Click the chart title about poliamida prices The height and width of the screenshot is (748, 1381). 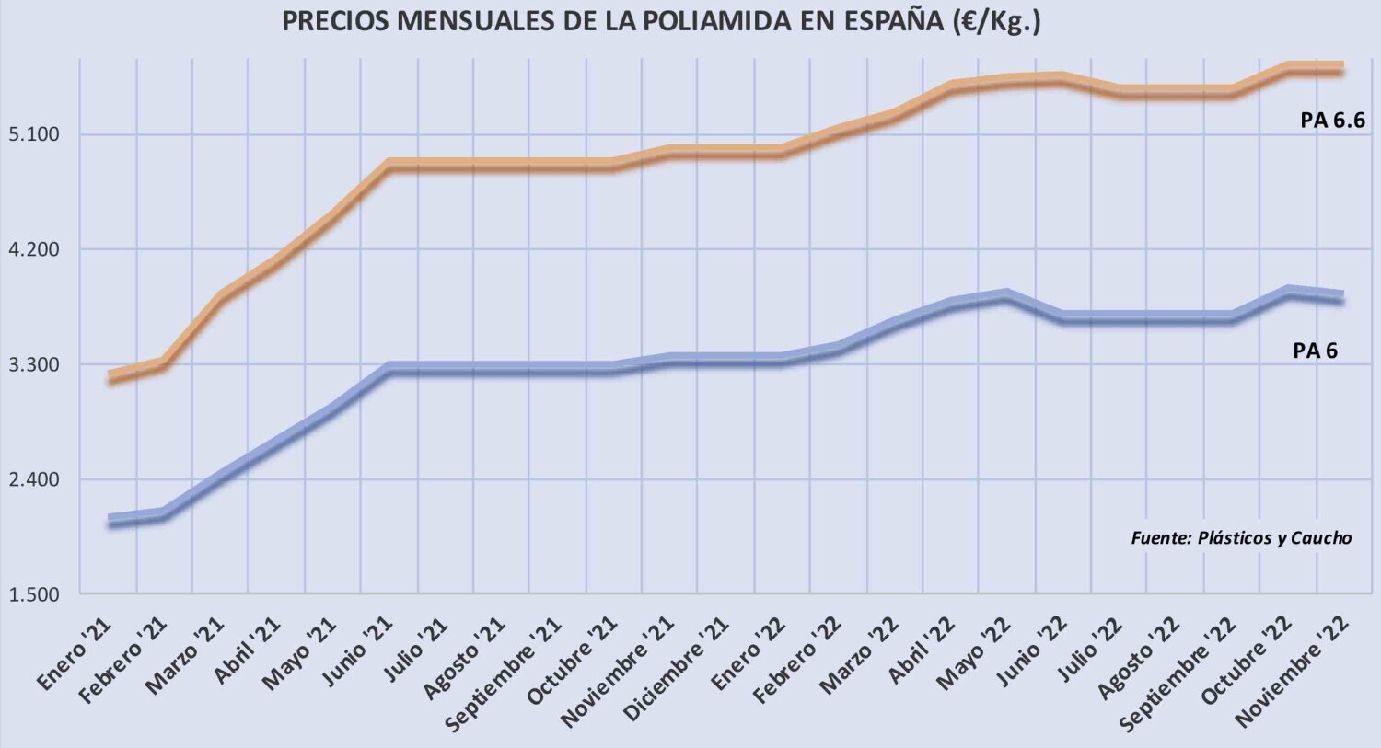(661, 22)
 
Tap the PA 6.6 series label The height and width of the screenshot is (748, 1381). (1332, 120)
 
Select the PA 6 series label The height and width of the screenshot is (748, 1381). (1315, 351)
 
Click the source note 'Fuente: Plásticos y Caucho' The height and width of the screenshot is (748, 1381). (1241, 538)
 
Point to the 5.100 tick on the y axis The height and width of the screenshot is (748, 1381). (34, 135)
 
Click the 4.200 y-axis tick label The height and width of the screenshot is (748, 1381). (34, 250)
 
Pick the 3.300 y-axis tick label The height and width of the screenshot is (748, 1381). (34, 365)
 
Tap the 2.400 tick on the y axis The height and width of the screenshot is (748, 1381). (34, 480)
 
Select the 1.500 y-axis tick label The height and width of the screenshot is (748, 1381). (34, 595)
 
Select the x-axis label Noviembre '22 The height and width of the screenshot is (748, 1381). (1294, 670)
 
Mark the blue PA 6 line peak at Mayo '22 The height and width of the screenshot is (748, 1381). (1006, 294)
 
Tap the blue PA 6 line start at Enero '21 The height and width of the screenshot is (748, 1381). (110, 521)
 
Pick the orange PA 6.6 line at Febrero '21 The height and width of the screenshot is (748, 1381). (164, 363)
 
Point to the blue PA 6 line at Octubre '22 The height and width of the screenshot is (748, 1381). (1287, 291)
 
